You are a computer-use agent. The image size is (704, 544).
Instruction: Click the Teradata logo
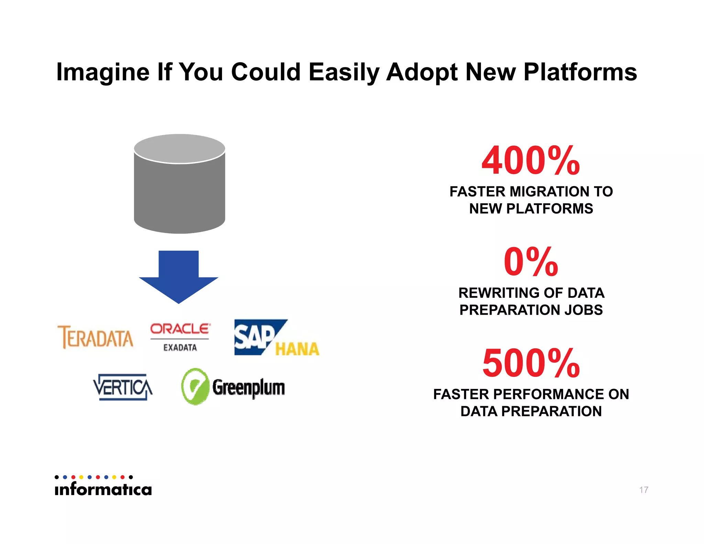pyautogui.click(x=95, y=337)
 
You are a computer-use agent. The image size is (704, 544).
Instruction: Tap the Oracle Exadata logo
pyautogui.click(x=180, y=337)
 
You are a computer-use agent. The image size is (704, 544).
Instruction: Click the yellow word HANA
pyautogui.click(x=297, y=349)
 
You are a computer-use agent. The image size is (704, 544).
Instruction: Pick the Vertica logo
pyautogui.click(x=123, y=387)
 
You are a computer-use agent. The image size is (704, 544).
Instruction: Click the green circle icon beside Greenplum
pyautogui.click(x=195, y=387)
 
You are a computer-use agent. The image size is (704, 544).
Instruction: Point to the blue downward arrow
pyautogui.click(x=178, y=277)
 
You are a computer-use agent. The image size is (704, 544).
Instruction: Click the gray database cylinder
pyautogui.click(x=179, y=186)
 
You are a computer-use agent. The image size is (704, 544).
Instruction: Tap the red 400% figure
pyautogui.click(x=531, y=161)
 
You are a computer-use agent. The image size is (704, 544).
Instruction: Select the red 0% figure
pyautogui.click(x=531, y=262)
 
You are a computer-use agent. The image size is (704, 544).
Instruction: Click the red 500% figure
pyautogui.click(x=531, y=363)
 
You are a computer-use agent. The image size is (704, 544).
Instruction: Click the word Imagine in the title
pyautogui.click(x=103, y=72)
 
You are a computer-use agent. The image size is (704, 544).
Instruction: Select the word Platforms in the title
pyautogui.click(x=580, y=72)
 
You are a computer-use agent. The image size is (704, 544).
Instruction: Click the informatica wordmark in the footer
pyautogui.click(x=103, y=489)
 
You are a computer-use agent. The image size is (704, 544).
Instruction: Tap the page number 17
pyautogui.click(x=643, y=490)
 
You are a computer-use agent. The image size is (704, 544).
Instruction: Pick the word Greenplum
pyautogui.click(x=248, y=388)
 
